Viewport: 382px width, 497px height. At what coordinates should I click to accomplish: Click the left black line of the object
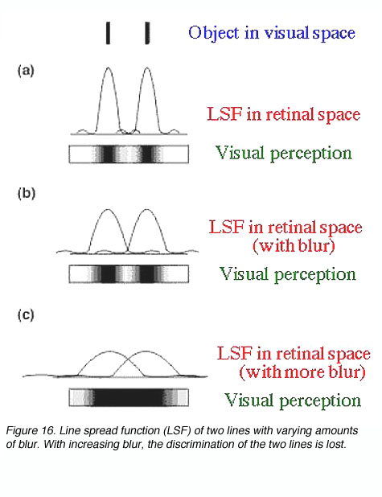[x=108, y=33]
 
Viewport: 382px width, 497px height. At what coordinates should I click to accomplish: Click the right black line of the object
[x=147, y=33]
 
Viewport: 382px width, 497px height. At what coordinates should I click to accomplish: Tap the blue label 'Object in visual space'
[x=272, y=33]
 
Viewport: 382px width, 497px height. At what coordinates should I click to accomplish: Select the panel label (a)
[x=26, y=70]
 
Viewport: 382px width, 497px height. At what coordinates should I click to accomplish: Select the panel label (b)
[x=27, y=193]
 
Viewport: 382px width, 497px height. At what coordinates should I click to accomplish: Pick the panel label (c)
[x=26, y=314]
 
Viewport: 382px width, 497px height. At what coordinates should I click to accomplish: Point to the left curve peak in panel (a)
[x=108, y=68]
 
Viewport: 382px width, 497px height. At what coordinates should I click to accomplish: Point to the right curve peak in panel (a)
[x=147, y=68]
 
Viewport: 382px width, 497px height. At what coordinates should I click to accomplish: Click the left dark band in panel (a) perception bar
[x=109, y=154]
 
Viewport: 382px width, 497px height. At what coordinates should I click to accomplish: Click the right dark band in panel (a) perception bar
[x=147, y=154]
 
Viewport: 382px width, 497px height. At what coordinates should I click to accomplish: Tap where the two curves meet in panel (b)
[x=128, y=251]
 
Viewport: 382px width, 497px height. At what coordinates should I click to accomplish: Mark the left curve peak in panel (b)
[x=108, y=210]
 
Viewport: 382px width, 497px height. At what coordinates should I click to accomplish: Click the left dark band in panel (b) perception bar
[x=108, y=274]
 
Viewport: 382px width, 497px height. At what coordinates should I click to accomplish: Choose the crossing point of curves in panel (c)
[x=127, y=360]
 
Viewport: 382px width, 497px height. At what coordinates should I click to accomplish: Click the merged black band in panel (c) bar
[x=129, y=397]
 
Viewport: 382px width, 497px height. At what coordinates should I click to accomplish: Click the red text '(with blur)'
[x=294, y=245]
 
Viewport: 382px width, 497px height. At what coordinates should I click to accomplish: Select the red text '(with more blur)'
[x=302, y=372]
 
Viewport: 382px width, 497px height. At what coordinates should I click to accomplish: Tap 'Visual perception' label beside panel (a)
[x=284, y=153]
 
